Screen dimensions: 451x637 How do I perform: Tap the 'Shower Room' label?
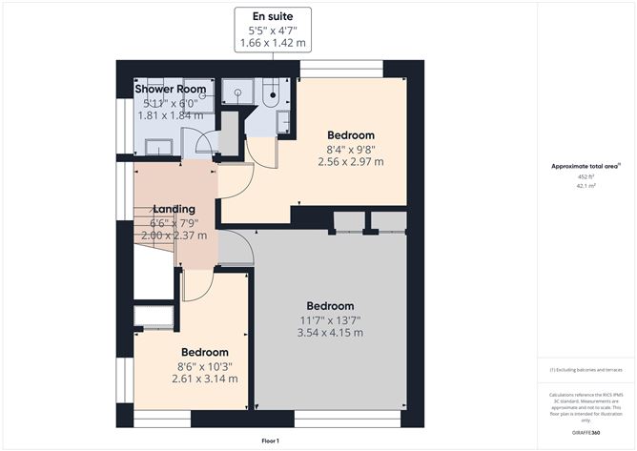[172, 90]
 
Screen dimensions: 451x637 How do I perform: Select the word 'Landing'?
[173, 209]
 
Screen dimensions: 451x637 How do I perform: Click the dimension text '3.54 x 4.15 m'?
[330, 333]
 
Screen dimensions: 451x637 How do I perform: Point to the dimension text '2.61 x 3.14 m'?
[205, 379]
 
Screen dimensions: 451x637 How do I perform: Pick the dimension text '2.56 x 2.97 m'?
[351, 161]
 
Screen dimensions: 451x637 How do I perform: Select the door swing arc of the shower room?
[202, 143]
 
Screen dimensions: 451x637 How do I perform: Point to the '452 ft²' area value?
[586, 176]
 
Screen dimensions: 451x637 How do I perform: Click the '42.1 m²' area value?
[586, 187]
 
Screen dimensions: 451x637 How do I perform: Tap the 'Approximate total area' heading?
[585, 166]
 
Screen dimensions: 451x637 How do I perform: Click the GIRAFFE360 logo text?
[586, 432]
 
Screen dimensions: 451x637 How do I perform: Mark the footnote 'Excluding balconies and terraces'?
[586, 369]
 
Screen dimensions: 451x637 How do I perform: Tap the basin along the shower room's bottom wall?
[158, 146]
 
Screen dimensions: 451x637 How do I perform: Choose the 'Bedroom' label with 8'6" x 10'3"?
[205, 352]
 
